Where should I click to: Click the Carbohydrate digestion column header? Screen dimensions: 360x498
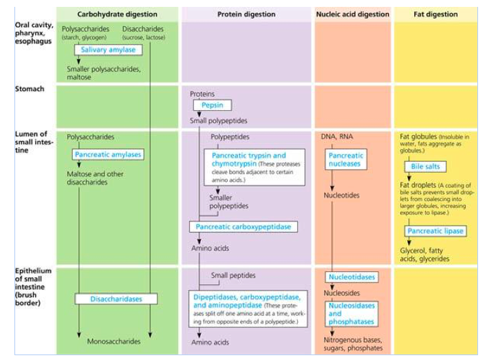click(x=117, y=14)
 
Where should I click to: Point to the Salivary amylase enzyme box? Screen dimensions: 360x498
click(x=109, y=50)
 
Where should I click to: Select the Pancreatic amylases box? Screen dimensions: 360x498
click(x=107, y=155)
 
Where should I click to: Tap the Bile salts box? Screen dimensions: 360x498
click(x=425, y=167)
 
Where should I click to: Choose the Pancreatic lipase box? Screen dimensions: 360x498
click(x=435, y=231)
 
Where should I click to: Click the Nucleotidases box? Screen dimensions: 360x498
click(x=351, y=277)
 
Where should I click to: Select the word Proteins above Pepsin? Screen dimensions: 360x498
click(x=202, y=93)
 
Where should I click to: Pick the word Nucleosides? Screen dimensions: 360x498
click(x=341, y=292)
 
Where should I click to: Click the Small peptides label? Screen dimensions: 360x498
click(x=232, y=275)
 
